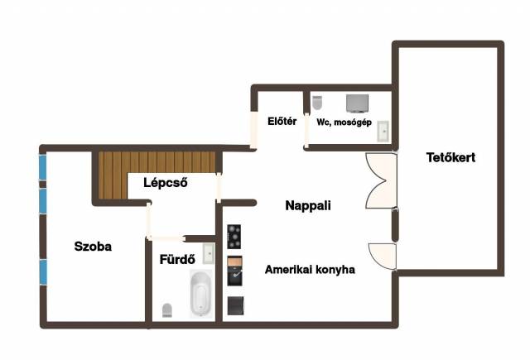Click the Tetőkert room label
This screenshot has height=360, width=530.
[450, 157]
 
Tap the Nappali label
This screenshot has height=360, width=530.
[308, 205]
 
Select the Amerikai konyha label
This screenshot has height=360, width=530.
[310, 270]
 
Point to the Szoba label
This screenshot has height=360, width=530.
[93, 247]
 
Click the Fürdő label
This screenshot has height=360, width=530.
[177, 259]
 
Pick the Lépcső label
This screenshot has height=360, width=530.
[166, 183]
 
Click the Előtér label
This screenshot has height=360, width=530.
[282, 121]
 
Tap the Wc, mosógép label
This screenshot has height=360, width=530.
[344, 122]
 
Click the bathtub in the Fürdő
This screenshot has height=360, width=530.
[200, 294]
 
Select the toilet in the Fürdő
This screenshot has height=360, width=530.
[167, 310]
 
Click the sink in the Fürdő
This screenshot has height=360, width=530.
[209, 253]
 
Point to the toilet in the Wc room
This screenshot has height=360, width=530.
[317, 103]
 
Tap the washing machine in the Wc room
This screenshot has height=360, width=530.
[357, 103]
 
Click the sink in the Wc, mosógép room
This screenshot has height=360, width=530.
[383, 131]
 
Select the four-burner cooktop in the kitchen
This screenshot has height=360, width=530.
[234, 237]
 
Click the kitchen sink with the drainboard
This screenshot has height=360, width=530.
[234, 271]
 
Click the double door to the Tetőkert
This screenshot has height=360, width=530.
[381, 180]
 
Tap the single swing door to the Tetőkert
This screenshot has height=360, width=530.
[383, 257]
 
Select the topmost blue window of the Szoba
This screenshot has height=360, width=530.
[42, 167]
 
